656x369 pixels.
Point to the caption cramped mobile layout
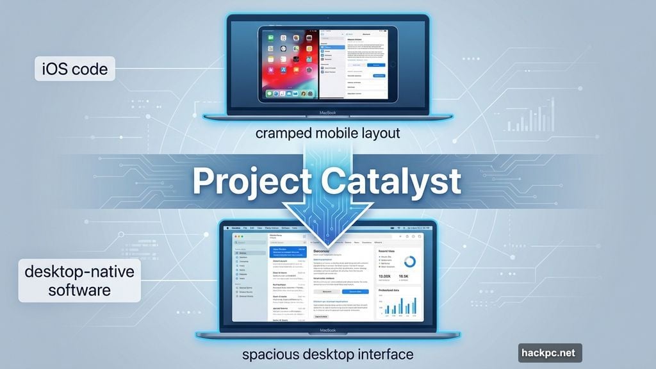[327, 133]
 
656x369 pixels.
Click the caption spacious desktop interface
[327, 354]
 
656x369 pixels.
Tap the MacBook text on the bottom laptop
[327, 332]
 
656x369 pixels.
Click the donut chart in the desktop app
[407, 262]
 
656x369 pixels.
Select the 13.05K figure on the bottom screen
[384, 277]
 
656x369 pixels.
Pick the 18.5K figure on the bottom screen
[404, 277]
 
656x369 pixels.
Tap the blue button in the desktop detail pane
[355, 291]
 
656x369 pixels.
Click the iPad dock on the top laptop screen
[289, 94]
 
